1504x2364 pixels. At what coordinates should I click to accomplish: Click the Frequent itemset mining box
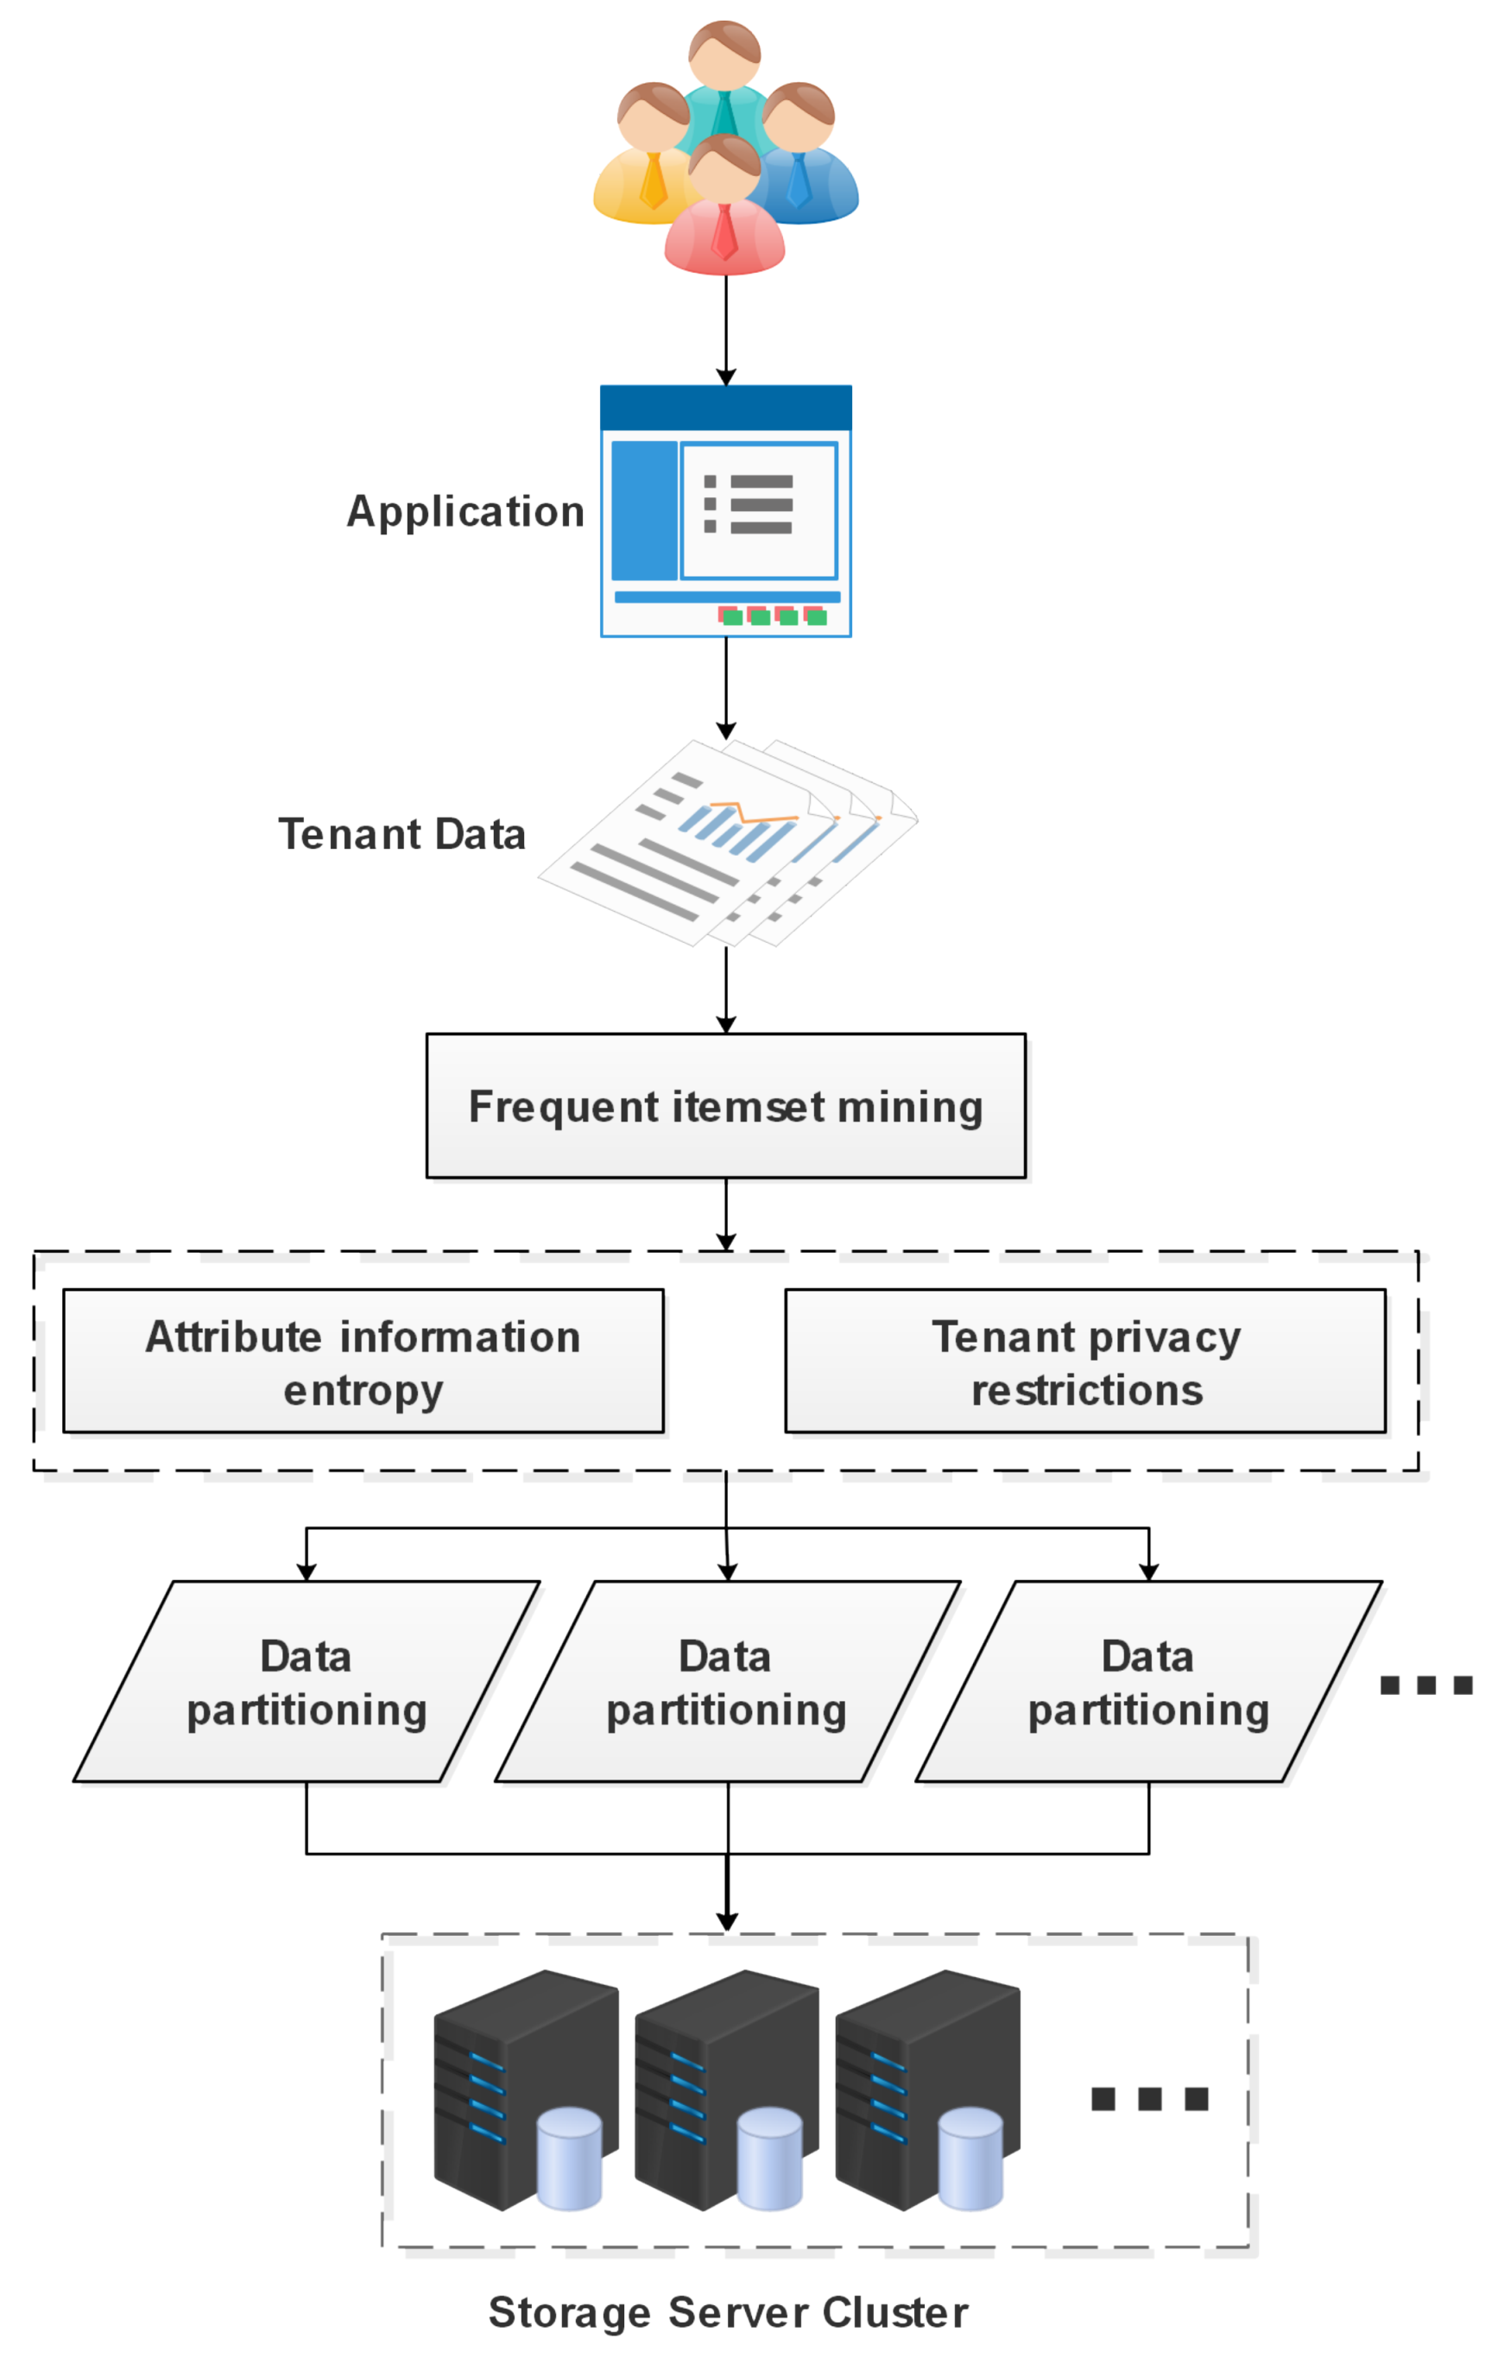725,1105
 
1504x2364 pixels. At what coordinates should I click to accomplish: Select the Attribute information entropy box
363,1362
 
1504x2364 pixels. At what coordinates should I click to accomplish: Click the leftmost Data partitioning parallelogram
306,1682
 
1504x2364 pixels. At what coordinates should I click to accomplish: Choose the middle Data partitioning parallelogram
726,1682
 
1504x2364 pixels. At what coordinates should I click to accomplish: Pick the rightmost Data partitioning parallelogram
1147,1682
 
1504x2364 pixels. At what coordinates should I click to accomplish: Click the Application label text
465,511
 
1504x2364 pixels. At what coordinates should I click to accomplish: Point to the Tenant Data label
401,834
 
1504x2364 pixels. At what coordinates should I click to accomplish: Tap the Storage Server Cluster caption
728,2312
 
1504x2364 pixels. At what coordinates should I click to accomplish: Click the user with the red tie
724,211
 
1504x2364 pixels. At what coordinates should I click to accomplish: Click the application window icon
725,510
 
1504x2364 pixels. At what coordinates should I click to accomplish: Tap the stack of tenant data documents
726,844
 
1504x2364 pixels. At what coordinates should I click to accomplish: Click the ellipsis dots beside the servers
1150,2100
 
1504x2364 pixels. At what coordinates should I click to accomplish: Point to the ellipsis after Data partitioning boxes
1425,1685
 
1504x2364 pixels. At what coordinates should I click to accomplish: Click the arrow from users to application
725,329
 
